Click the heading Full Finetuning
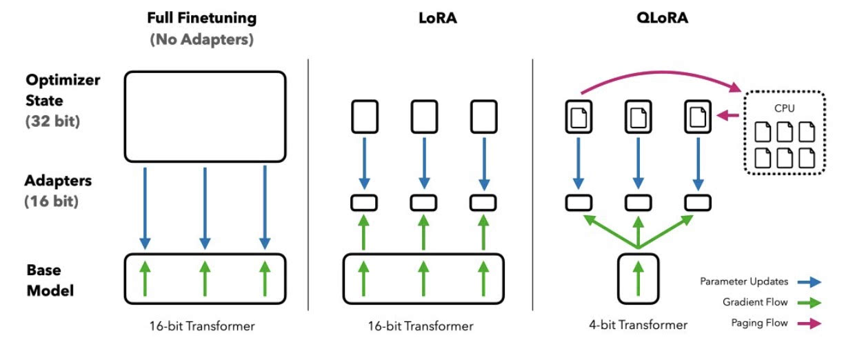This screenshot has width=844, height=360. click(x=202, y=18)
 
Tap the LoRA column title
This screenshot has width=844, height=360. click(x=438, y=18)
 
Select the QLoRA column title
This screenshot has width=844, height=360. click(x=663, y=18)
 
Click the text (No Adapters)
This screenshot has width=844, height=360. click(x=202, y=39)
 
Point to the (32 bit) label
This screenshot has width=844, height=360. click(x=52, y=121)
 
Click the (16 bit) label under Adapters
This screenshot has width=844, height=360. click(x=52, y=201)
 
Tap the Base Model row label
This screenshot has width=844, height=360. click(x=50, y=280)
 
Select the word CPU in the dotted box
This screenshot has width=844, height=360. click(x=785, y=108)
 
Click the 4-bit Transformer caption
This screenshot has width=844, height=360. click(x=639, y=325)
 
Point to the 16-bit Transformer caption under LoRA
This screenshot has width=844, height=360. click(x=421, y=326)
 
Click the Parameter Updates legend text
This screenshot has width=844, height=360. click(x=744, y=281)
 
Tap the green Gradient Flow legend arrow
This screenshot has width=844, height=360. click(x=810, y=303)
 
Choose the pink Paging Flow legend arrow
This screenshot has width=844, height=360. click(x=810, y=323)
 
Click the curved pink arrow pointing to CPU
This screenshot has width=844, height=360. click(x=660, y=72)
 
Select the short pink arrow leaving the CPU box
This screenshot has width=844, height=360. click(x=727, y=115)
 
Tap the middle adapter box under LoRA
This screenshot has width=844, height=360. click(x=424, y=203)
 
